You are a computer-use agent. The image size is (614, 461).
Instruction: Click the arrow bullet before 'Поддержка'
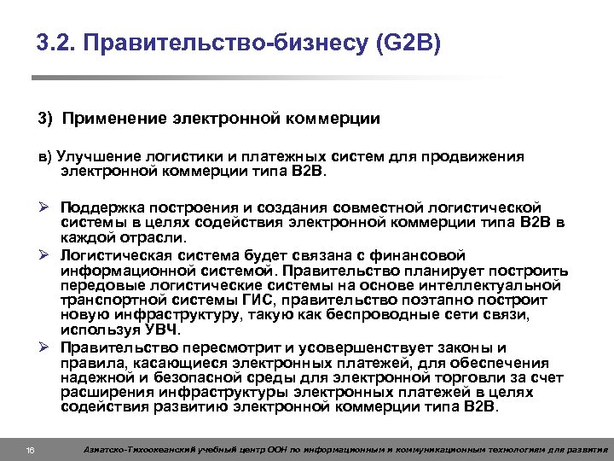(43, 207)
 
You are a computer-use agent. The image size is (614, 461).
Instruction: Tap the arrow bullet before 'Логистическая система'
(43, 255)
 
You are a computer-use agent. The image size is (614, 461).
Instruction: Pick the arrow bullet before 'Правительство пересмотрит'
(43, 347)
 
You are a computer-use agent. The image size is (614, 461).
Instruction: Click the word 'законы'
(456, 347)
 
